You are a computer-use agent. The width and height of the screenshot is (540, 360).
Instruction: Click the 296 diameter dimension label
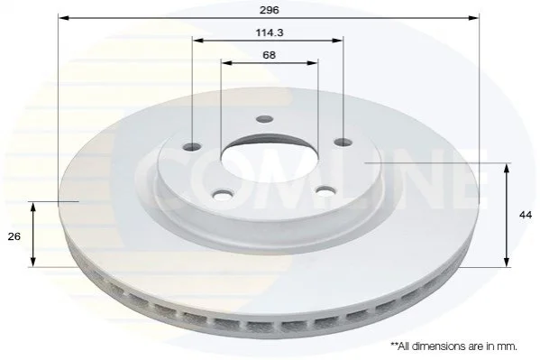[269, 10]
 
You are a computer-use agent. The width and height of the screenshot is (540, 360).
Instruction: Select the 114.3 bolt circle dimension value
[270, 32]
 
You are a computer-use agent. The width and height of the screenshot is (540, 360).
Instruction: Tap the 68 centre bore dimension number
[269, 55]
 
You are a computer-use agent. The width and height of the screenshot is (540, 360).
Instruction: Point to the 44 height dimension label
[526, 215]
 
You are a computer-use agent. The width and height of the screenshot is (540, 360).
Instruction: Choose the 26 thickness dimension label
[14, 236]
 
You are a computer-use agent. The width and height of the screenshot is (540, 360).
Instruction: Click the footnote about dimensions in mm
[453, 346]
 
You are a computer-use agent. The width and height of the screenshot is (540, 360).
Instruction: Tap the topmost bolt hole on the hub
[264, 119]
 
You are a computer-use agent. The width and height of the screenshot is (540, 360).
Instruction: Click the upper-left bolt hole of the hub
[192, 146]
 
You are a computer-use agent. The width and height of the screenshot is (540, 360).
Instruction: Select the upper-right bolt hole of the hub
[343, 142]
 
